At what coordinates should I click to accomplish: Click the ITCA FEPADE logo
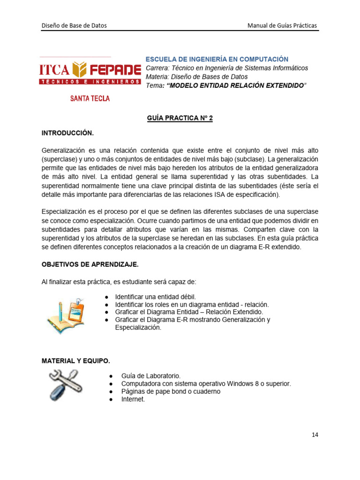pos(90,73)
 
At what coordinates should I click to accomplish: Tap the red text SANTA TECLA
pos(90,98)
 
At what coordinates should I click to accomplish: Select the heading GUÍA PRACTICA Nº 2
pos(180,119)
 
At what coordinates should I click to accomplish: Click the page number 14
pos(315,435)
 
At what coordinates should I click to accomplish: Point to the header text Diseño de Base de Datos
pos(74,25)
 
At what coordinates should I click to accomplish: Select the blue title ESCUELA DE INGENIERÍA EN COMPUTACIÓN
pos(217,59)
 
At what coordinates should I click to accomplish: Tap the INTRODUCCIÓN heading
pos(67,133)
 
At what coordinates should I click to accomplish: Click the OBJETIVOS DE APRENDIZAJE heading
pos(90,264)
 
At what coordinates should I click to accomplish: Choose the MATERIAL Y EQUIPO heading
pos(75,361)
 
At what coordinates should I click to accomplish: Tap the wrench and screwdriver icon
pos(66,384)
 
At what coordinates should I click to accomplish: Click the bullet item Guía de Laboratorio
pos(150,376)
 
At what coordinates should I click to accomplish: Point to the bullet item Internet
pos(133,399)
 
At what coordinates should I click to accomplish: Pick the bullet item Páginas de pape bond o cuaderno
pos(171,391)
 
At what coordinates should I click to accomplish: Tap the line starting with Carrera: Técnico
pos(227,68)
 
